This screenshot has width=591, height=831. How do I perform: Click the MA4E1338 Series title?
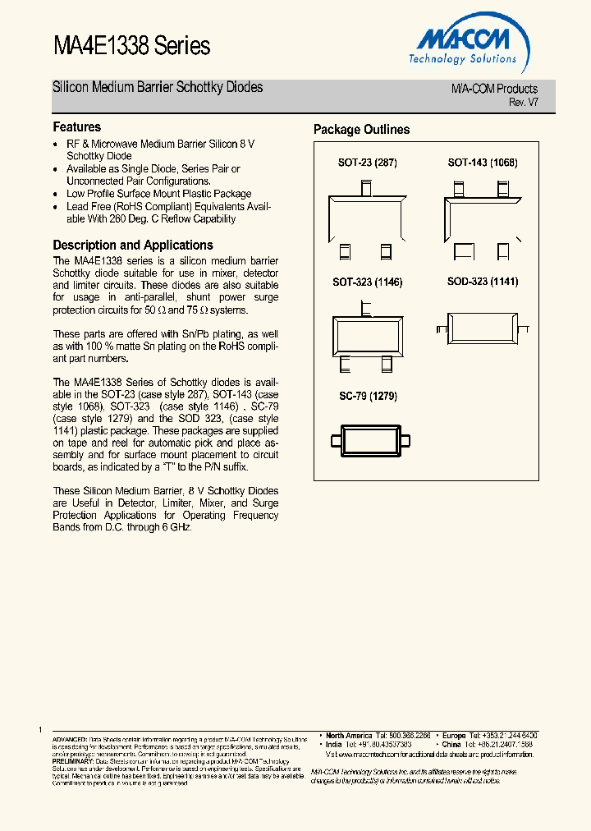coord(131,46)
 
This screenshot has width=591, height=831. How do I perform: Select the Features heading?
coord(77,127)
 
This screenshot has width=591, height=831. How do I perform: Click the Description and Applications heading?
coord(133,246)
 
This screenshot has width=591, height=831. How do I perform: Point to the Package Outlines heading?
coord(361,130)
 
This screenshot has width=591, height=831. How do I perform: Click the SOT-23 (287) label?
coord(367,163)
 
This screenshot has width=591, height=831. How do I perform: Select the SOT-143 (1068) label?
coord(482,163)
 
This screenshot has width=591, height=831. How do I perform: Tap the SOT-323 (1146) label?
coord(367,282)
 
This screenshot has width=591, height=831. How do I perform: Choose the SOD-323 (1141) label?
coord(482,282)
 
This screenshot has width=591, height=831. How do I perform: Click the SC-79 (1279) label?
coord(368,396)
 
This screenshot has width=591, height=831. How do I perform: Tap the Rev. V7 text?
coord(523,102)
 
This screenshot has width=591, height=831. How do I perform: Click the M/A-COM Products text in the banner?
coord(494,89)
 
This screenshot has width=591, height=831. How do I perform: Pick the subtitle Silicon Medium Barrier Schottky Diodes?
coord(158,87)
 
